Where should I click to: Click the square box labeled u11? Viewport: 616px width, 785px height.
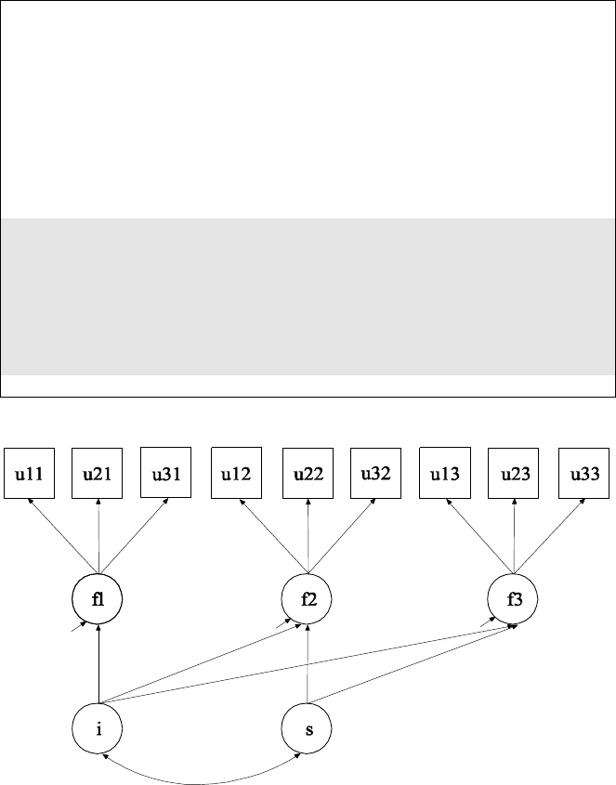click(x=30, y=474)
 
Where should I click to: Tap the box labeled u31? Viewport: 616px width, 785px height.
click(x=166, y=474)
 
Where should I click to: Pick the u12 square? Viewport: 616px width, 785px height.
click(x=237, y=474)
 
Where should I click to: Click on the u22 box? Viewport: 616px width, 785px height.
click(x=308, y=474)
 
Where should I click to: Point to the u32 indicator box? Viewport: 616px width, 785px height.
click(x=375, y=474)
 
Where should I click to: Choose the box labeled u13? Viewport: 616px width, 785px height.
click(x=445, y=474)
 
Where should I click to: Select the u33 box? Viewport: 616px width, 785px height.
click(x=583, y=474)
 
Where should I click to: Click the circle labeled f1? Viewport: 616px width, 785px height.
click(x=98, y=599)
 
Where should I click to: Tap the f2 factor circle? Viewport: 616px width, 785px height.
click(x=308, y=599)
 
